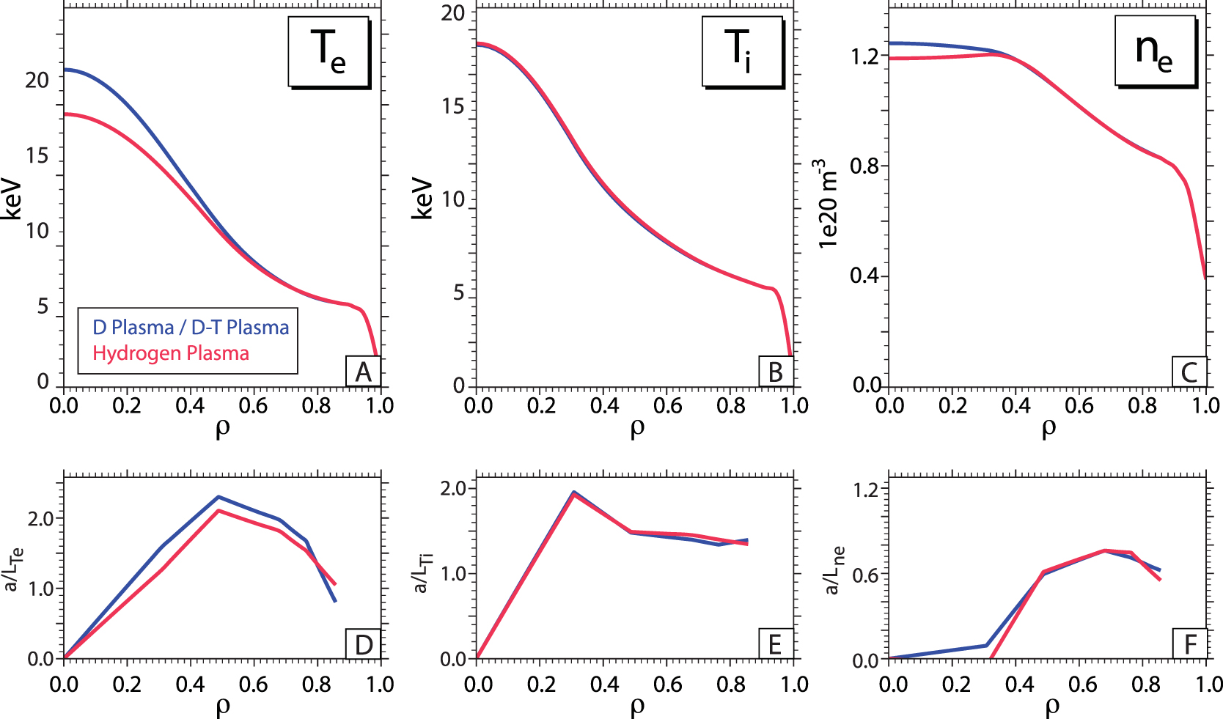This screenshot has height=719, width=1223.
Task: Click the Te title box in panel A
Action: pyautogui.click(x=328, y=51)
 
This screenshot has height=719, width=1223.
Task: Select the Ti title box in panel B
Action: pyautogui.click(x=741, y=51)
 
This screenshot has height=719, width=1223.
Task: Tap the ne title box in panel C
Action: pyautogui.click(x=1154, y=51)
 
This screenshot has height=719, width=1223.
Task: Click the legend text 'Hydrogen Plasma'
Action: pyautogui.click(x=171, y=353)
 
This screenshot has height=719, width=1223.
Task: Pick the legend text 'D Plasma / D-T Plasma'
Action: pyautogui.click(x=191, y=327)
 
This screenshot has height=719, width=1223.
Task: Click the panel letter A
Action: pyautogui.click(x=363, y=372)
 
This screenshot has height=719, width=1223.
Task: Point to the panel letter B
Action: pyautogui.click(x=775, y=372)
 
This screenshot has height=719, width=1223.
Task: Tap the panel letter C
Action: pyautogui.click(x=1189, y=372)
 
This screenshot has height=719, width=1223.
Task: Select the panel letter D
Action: pyautogui.click(x=363, y=645)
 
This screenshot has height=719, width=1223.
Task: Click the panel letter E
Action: pyautogui.click(x=775, y=645)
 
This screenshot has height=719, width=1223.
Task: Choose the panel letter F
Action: pyautogui.click(x=1189, y=645)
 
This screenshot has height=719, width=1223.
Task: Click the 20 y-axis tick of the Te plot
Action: pyautogui.click(x=37, y=80)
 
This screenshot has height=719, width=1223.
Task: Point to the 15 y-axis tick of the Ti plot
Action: pyautogui.click(x=452, y=106)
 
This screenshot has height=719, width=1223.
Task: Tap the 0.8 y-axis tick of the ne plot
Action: pyautogui.click(x=864, y=166)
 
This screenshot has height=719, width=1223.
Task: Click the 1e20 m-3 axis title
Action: pyautogui.click(x=827, y=204)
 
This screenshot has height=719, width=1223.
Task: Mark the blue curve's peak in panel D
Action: pyautogui.click(x=218, y=497)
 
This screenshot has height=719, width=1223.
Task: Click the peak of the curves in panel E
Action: pyautogui.click(x=574, y=493)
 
